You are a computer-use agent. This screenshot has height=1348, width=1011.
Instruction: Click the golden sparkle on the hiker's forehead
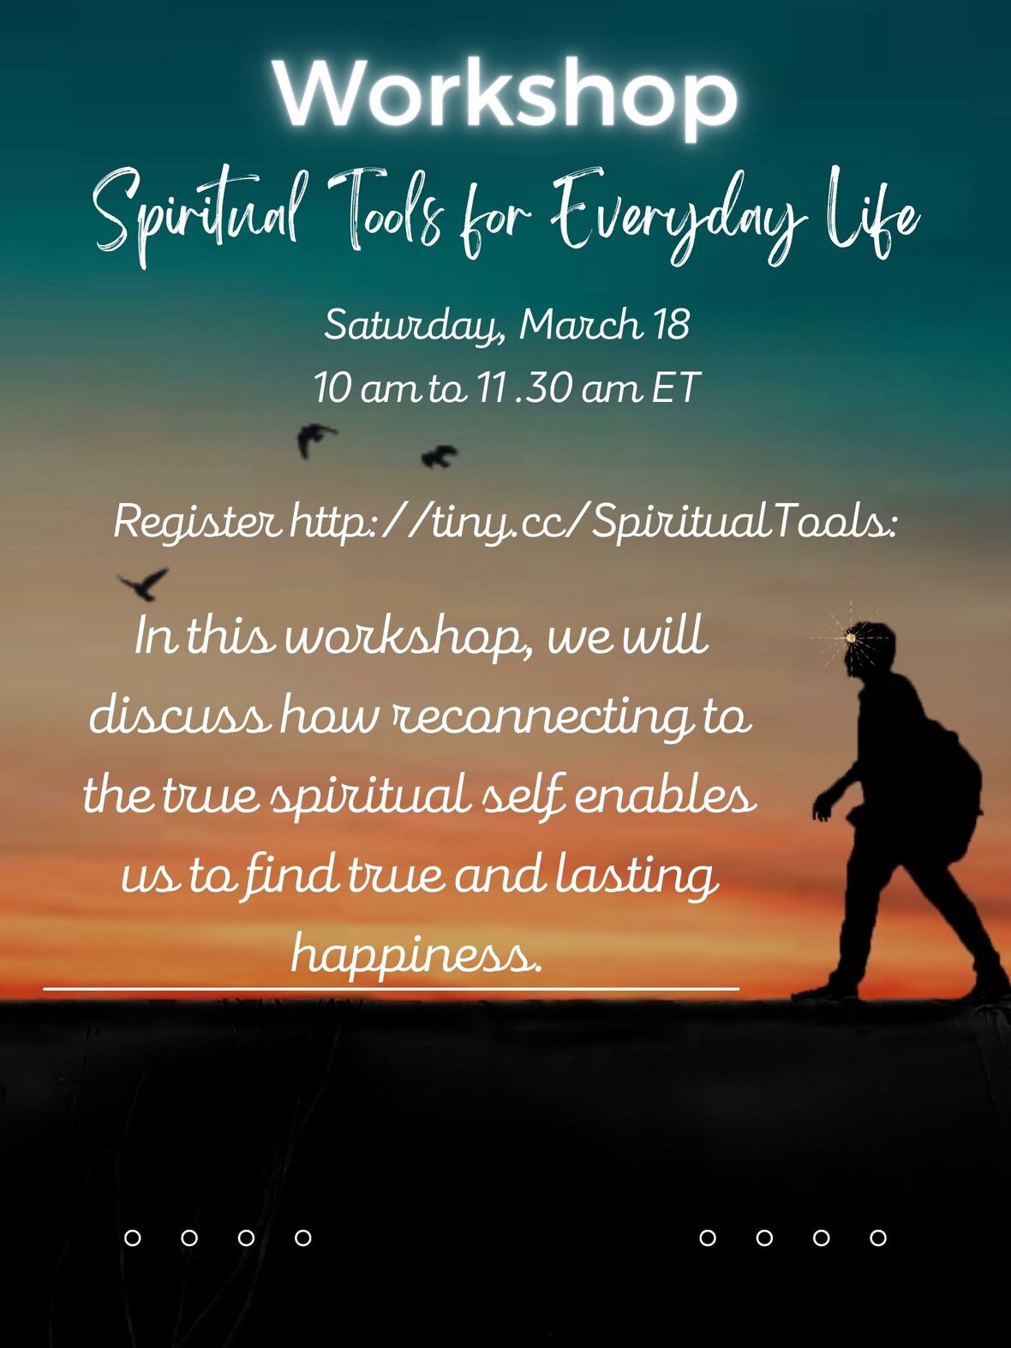850,638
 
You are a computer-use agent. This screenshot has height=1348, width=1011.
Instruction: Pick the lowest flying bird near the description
145,584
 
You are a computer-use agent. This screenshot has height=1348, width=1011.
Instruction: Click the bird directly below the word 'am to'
314,439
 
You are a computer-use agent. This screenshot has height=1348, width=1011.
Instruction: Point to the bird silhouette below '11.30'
440,456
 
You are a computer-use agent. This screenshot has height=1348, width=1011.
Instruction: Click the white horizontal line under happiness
391,989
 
